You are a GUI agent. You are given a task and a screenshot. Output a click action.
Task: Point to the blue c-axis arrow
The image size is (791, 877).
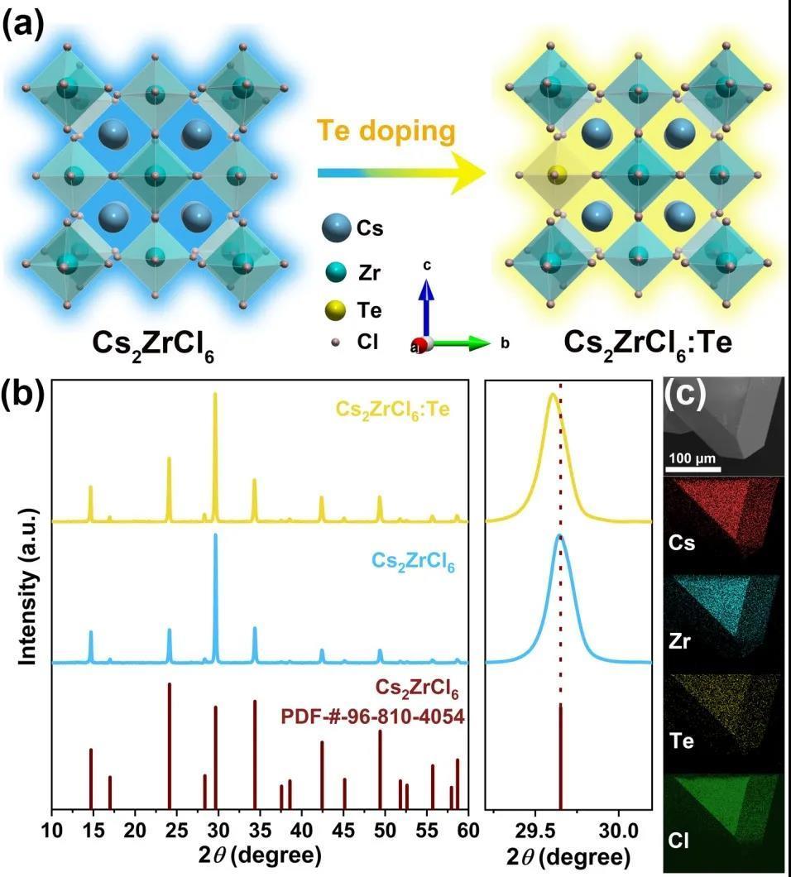click(426, 306)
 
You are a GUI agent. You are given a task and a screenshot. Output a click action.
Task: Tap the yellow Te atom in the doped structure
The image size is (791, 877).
click(557, 175)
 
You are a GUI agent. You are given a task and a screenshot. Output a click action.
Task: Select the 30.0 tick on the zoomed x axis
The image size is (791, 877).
click(616, 831)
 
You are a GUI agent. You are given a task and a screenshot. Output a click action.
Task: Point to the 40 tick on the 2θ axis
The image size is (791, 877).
click(303, 831)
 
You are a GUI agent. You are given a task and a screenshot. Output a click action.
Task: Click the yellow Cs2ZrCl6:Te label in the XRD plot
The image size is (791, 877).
click(393, 409)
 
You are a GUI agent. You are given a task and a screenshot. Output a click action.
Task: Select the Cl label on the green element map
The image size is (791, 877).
click(678, 843)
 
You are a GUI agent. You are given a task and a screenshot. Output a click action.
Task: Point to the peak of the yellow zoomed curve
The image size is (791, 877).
click(552, 394)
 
